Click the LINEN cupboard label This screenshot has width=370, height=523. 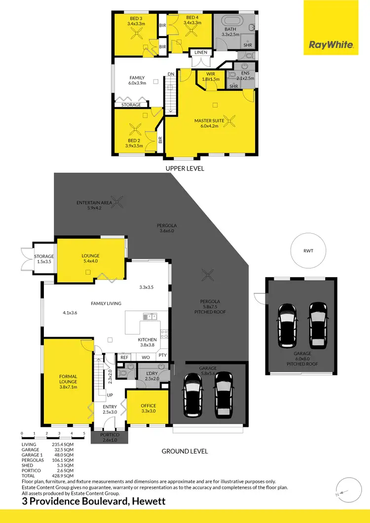pos(200,53)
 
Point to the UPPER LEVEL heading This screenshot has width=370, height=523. pos(185,168)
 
